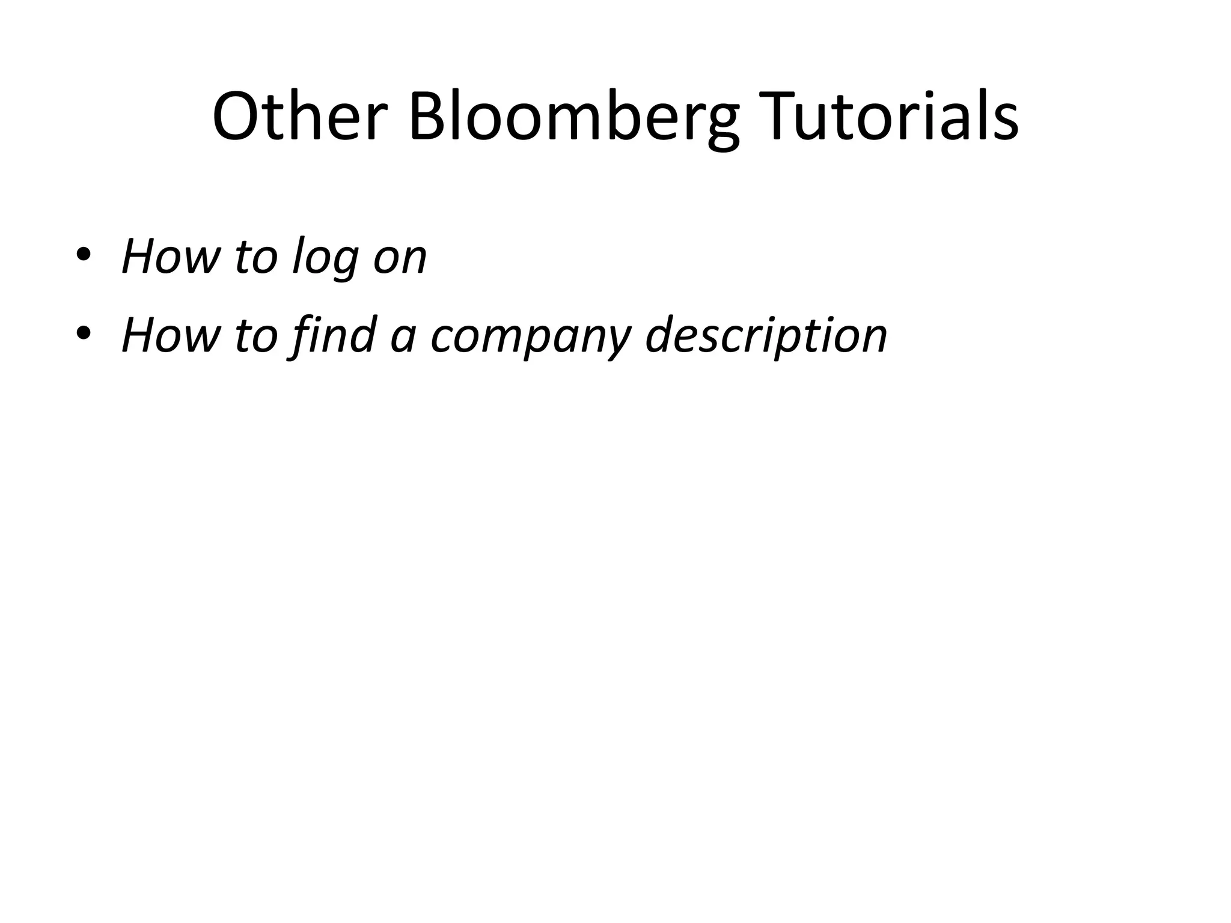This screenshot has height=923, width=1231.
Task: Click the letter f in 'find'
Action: click(x=299, y=335)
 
